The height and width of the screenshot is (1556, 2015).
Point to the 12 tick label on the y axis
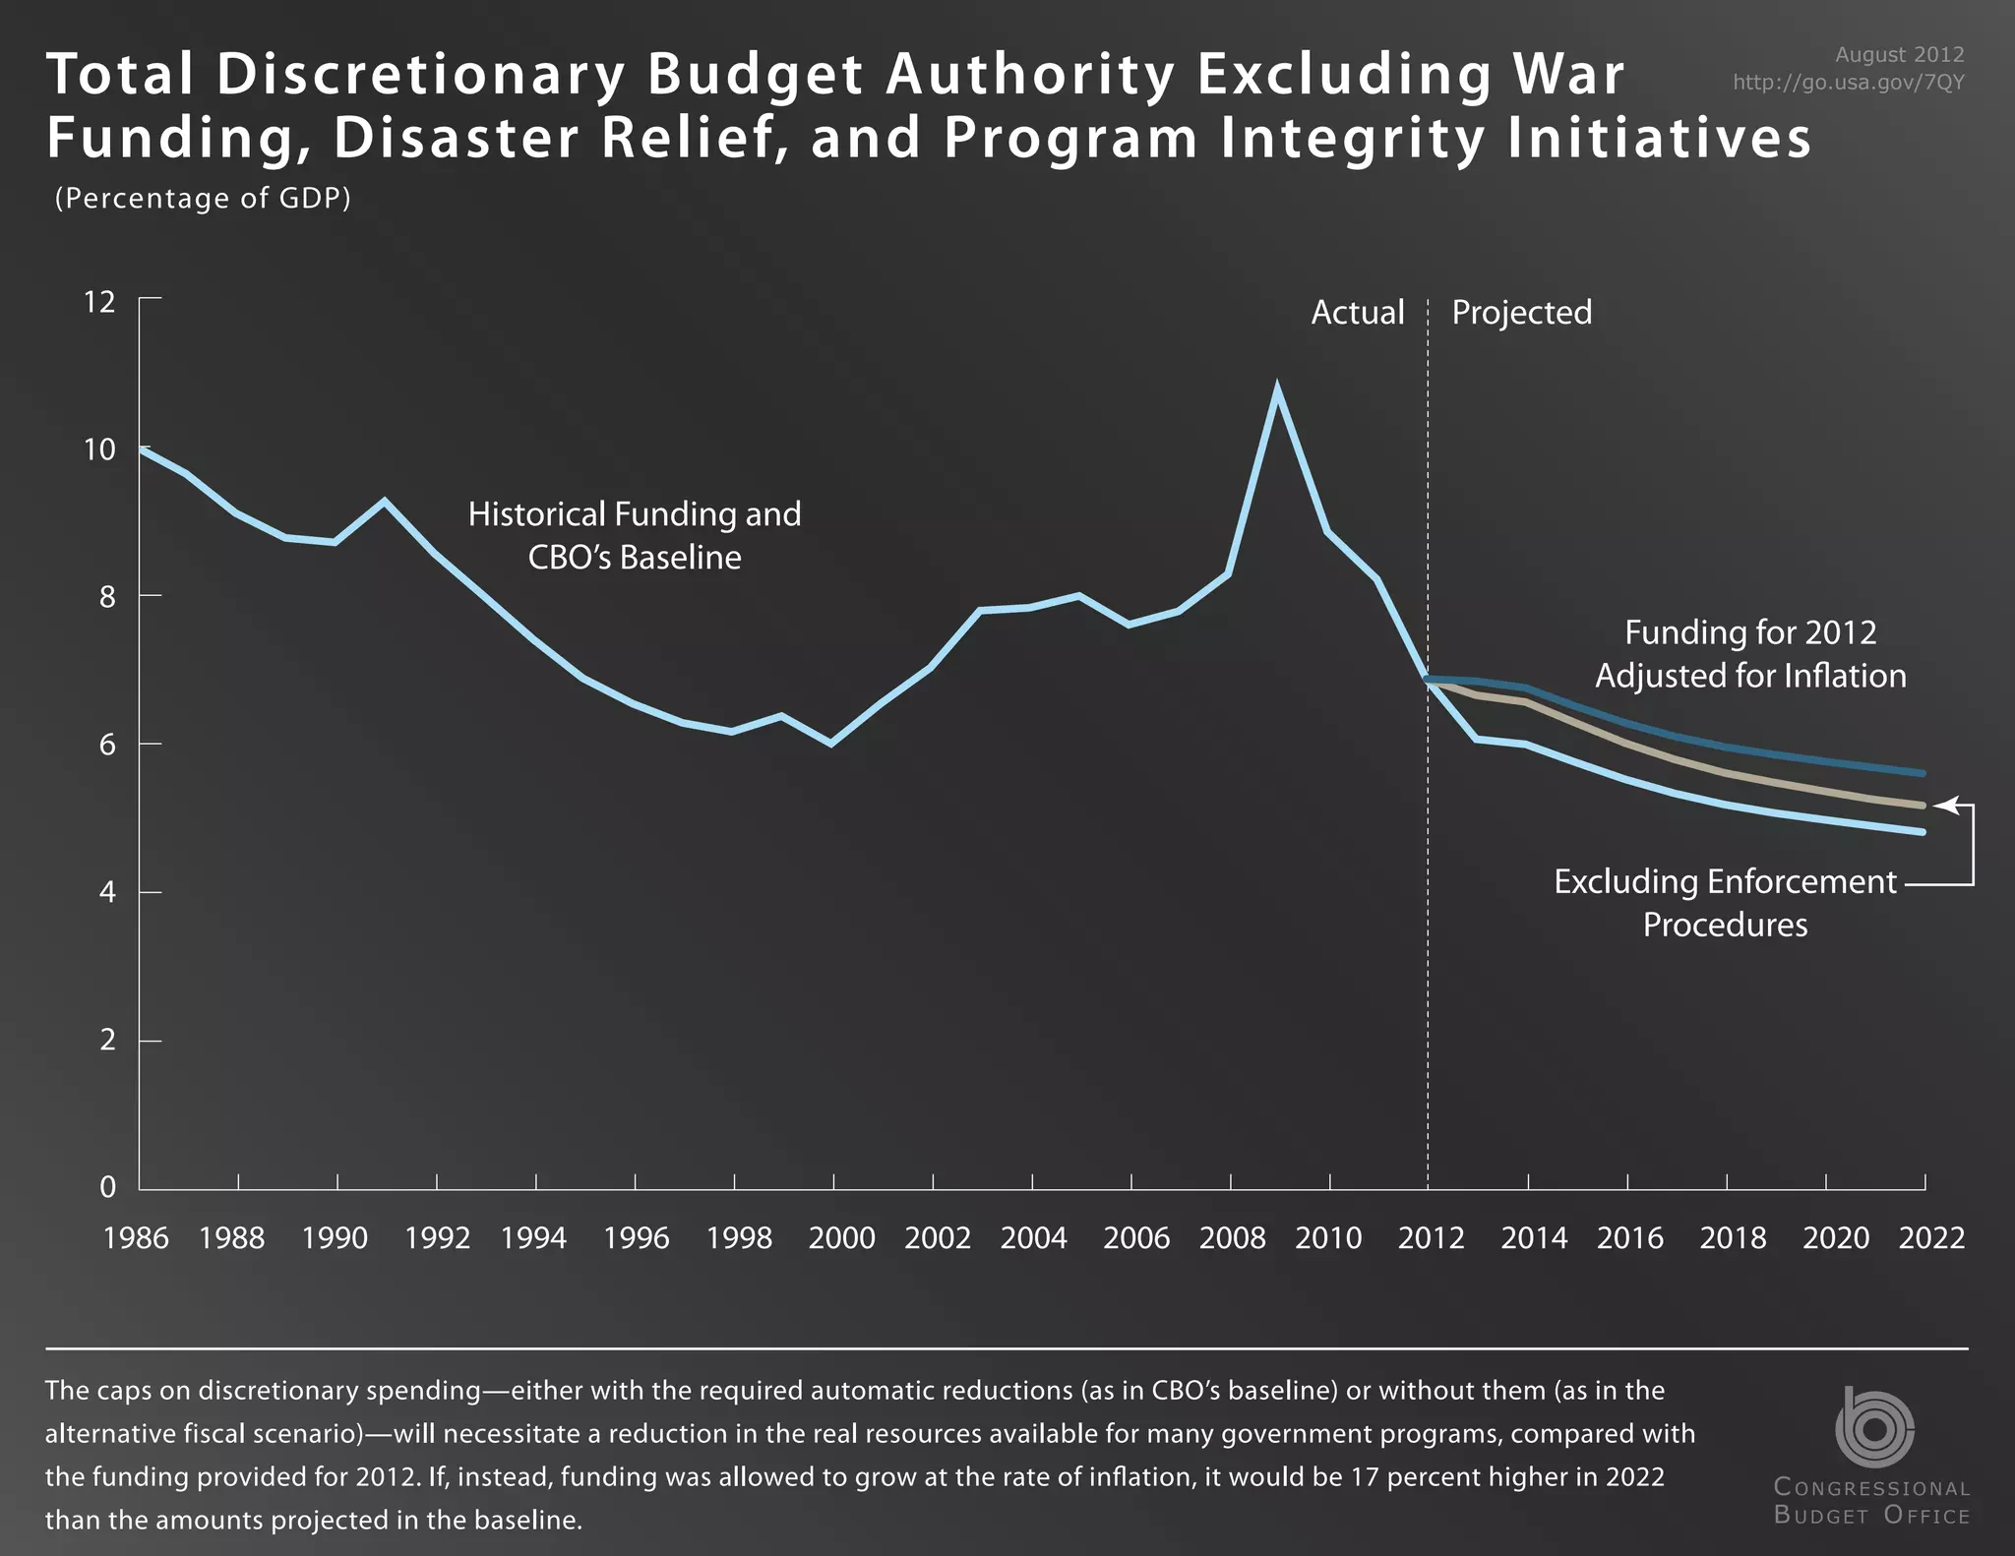tap(99, 302)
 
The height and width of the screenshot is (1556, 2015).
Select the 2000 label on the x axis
tap(841, 1237)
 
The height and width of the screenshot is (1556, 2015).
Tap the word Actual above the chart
tap(1357, 313)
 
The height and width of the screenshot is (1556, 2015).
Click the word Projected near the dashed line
tap(1521, 313)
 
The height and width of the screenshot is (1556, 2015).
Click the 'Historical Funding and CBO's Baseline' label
tap(635, 536)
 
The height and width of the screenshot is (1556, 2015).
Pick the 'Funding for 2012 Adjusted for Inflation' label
tap(1750, 654)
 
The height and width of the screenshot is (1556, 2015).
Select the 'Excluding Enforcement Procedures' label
tap(1725, 903)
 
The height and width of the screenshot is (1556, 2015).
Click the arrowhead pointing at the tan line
tap(1942, 806)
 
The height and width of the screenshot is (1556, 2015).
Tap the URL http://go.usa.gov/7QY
tap(1848, 83)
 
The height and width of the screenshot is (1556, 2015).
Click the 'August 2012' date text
tap(1899, 55)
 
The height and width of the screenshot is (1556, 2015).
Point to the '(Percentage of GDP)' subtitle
tap(203, 199)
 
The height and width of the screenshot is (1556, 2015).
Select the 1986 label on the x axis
tap(136, 1237)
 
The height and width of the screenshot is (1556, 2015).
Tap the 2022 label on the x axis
tap(1931, 1237)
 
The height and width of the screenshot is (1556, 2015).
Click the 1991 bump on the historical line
tap(385, 502)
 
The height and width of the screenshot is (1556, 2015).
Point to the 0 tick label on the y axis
tap(107, 1187)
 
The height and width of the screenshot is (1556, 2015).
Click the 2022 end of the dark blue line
tap(1923, 773)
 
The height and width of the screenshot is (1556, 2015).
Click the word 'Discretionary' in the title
tap(421, 76)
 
